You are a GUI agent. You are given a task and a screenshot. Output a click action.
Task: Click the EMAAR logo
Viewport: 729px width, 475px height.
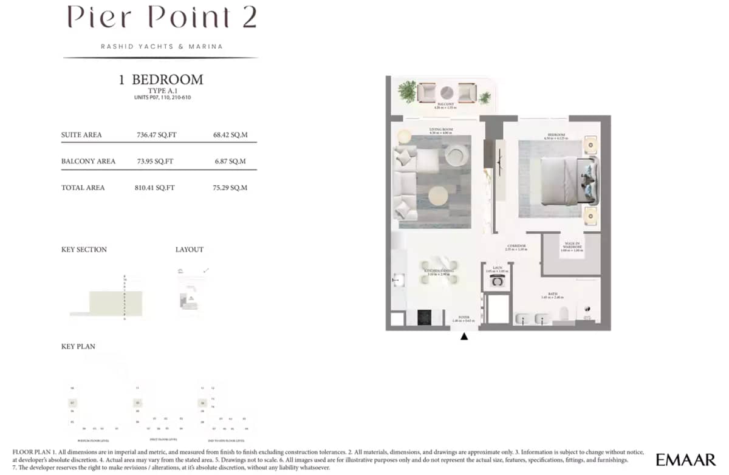coord(686,460)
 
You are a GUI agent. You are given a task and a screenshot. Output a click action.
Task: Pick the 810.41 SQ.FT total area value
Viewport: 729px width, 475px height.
coord(154,188)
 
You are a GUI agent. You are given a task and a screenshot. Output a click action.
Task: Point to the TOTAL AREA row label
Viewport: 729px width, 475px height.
coord(83,188)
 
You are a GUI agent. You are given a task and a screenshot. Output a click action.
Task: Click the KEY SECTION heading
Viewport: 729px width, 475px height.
coord(84,250)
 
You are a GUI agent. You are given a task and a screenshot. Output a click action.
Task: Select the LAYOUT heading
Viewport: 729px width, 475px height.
coord(190,250)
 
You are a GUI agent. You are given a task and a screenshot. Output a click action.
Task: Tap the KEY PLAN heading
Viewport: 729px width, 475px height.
coord(78,347)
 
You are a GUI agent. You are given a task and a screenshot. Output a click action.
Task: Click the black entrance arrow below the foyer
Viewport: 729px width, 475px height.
coord(465,336)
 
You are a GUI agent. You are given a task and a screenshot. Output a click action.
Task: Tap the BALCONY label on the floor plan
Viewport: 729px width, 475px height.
coord(447,104)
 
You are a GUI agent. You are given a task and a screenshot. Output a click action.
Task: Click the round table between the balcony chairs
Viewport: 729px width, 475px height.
coord(447,92)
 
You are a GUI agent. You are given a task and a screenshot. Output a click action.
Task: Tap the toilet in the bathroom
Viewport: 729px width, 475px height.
coord(563,315)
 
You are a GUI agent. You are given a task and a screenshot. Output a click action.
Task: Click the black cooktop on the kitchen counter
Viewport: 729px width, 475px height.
coord(423,317)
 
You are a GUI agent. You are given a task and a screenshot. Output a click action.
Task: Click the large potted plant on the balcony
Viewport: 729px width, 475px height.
coord(407,92)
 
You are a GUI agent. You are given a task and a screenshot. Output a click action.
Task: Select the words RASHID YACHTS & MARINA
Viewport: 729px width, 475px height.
coord(162,46)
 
